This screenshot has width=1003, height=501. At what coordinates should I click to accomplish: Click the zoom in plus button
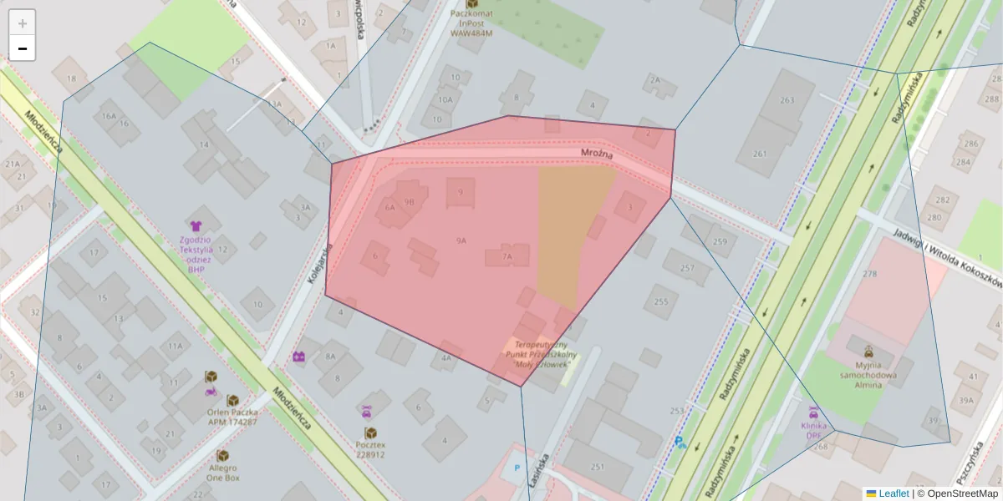click(22, 23)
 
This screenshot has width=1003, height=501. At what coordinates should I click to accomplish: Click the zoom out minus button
click(22, 48)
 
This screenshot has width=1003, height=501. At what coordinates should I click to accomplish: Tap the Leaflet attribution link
click(893, 493)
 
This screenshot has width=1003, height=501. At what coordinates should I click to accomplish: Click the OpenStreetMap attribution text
click(957, 493)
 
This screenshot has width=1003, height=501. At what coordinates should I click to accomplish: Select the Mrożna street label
click(598, 155)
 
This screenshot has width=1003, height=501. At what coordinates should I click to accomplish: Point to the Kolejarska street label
click(321, 265)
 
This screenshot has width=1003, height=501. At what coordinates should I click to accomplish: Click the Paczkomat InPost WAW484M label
click(471, 23)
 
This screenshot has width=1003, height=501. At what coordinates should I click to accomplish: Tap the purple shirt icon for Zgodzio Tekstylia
click(196, 225)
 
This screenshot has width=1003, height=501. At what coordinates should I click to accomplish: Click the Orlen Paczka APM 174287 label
click(232, 417)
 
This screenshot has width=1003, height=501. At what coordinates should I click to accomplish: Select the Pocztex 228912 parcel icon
click(370, 433)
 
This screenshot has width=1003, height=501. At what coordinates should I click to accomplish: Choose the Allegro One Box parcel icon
click(222, 455)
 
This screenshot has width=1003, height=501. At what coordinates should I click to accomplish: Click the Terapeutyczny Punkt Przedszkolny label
click(541, 354)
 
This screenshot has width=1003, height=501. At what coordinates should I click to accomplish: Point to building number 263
click(787, 100)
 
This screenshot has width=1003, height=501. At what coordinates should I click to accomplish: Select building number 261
click(760, 154)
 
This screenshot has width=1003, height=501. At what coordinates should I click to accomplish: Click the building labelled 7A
click(507, 257)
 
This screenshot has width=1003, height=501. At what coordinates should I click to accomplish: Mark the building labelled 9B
click(409, 201)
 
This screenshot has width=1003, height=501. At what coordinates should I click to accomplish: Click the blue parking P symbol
click(517, 468)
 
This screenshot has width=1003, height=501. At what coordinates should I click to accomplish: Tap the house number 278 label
click(870, 274)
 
